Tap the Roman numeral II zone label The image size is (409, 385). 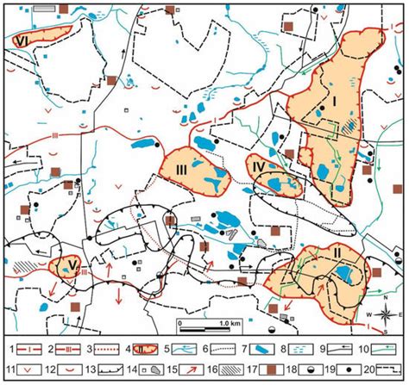click(x=337, y=254)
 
